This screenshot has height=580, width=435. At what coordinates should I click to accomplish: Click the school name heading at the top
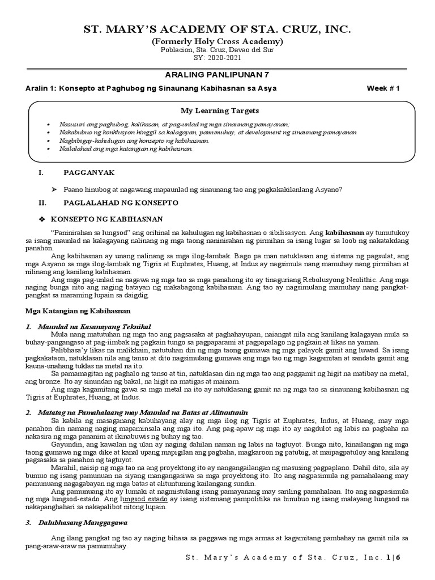[217, 29]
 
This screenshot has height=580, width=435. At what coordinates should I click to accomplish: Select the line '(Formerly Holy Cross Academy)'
[217, 42]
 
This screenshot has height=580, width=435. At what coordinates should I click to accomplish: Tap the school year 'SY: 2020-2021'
[217, 58]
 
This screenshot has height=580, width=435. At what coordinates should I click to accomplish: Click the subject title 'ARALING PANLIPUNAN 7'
[217, 75]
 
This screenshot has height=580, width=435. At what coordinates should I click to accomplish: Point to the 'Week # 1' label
[383, 88]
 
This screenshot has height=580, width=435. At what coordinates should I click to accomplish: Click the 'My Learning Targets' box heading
[219, 110]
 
